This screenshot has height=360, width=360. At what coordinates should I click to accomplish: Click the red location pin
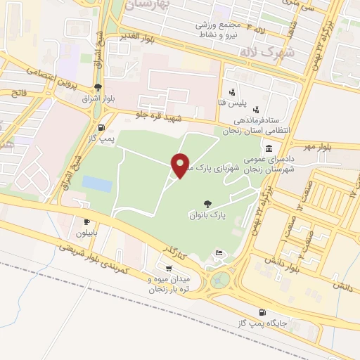[x=181, y=165]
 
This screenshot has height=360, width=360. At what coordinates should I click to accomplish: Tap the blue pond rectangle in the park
[x=96, y=184]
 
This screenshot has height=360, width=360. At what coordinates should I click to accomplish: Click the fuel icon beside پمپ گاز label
[x=103, y=127]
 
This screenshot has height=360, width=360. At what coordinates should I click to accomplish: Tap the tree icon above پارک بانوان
[x=206, y=202]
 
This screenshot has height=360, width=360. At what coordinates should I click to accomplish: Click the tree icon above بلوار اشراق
[x=97, y=88]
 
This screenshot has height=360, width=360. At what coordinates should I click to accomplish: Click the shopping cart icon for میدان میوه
[x=168, y=268]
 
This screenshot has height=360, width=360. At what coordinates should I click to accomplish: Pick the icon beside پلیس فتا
[x=232, y=92]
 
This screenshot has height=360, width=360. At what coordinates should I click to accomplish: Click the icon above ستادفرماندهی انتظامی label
[x=255, y=110]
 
